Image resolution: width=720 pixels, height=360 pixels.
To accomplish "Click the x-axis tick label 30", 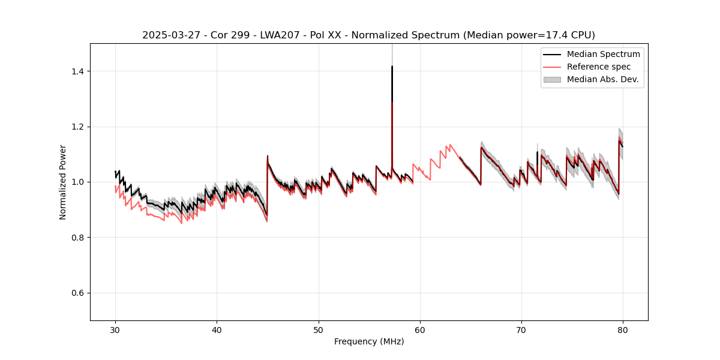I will click(x=115, y=329).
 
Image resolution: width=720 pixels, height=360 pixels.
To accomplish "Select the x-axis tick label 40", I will click(x=217, y=329).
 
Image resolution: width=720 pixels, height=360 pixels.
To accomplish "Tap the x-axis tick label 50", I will click(x=318, y=329).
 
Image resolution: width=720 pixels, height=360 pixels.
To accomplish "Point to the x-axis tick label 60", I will click(x=420, y=329).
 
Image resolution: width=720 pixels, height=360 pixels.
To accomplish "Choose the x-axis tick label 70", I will click(x=521, y=329).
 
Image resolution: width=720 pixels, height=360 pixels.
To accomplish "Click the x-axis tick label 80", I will click(x=623, y=329).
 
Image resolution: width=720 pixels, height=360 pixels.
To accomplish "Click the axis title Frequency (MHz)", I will click(x=369, y=341).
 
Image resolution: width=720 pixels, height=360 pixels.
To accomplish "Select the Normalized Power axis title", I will click(x=63, y=182).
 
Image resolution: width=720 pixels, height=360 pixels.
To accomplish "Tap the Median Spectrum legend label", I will click(x=603, y=55).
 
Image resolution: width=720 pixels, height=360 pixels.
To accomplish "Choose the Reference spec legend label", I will click(x=599, y=67).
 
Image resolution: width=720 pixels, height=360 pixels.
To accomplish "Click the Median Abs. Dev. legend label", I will click(x=602, y=79).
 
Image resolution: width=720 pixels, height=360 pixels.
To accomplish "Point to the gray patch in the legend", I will click(x=552, y=79).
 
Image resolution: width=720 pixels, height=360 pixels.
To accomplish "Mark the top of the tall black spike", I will click(x=392, y=67).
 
